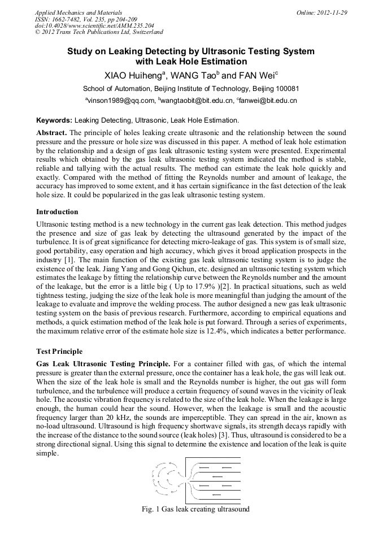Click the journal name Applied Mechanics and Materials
point(78,12)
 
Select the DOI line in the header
point(94,25)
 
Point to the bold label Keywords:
point(54,120)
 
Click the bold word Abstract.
point(51,132)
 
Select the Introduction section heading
point(57,211)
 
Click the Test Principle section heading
point(59,351)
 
